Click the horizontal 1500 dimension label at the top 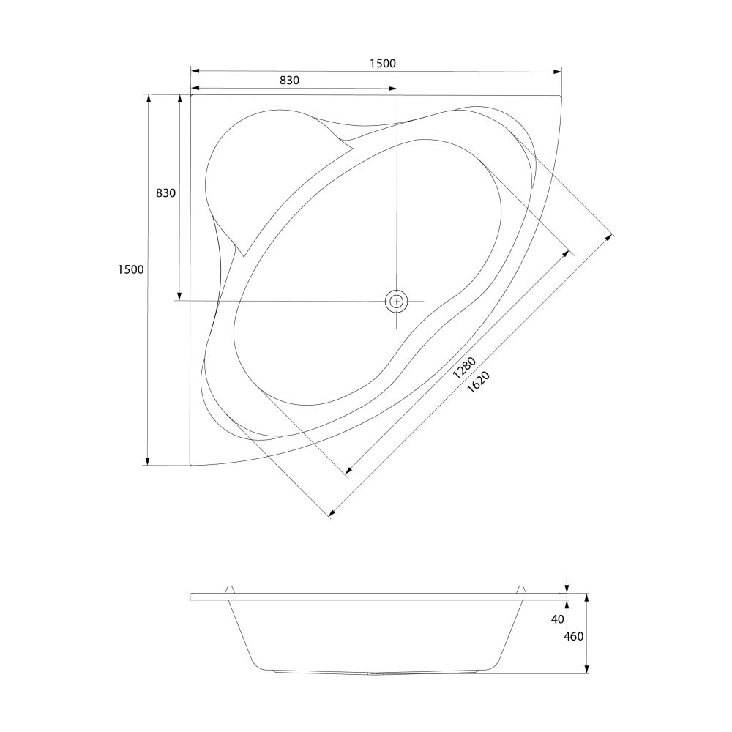click(x=382, y=63)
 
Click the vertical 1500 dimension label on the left click(x=131, y=269)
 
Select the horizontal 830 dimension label click(x=289, y=81)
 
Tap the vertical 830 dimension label click(x=165, y=193)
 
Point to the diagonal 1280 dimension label click(x=464, y=367)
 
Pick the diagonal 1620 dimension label click(x=478, y=382)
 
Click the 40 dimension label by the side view click(x=558, y=619)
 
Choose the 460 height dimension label click(x=574, y=636)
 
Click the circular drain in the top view click(x=396, y=301)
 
